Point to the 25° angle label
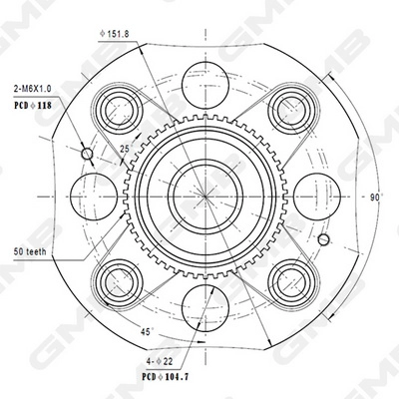pyautogui.click(x=125, y=149)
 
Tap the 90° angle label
pyautogui.click(x=375, y=198)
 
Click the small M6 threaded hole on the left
pyautogui.click(x=86, y=155)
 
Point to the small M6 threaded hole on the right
pyautogui.click(x=324, y=239)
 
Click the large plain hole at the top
pyautogui.click(x=204, y=80)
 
